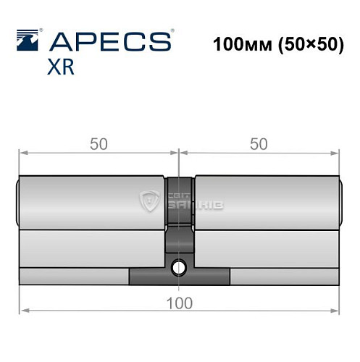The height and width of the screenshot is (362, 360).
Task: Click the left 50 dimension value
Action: pyautogui.click(x=99, y=143)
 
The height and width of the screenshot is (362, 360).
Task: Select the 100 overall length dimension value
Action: pyautogui.click(x=179, y=303)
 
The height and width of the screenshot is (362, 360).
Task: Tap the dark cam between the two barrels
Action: pyautogui.click(x=179, y=203)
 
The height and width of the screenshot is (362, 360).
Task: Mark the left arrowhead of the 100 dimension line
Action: pyautogui.click(x=22, y=311)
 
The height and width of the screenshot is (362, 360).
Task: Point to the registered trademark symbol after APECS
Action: pyautogui.click(x=172, y=32)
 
